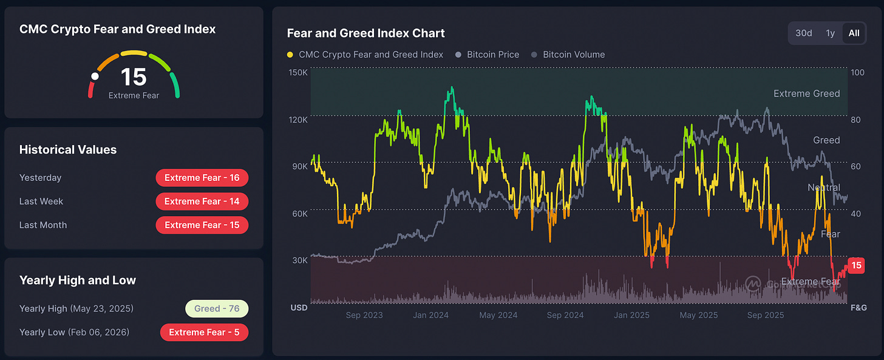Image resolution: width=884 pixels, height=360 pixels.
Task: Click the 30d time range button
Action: pos(803,33)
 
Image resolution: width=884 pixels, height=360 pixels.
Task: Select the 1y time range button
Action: pos(830,33)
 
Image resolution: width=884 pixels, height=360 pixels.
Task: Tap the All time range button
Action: pos(854,33)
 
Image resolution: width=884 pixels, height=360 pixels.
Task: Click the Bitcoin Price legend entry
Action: pos(492,55)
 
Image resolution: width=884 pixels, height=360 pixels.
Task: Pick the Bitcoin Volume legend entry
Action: pos(573,55)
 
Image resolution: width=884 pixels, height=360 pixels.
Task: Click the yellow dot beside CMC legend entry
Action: pos(290,55)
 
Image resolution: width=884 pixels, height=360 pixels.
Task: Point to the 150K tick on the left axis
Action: pos(299,73)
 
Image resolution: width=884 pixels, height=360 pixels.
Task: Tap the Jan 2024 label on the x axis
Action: pos(430,315)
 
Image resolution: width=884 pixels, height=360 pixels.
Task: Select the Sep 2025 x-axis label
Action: pos(766,315)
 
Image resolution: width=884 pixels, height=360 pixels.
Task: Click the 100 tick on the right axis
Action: pos(857,73)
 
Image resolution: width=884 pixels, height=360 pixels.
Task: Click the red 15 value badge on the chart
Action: pos(856,265)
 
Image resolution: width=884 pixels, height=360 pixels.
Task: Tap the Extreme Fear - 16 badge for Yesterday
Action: pos(202,178)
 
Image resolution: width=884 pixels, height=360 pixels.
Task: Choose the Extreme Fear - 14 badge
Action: pos(202,202)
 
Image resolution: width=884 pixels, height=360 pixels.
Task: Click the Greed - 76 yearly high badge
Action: pos(217,308)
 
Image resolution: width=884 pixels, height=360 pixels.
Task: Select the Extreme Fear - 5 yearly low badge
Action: pos(204,332)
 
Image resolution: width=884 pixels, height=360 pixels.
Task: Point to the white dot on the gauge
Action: pos(95,76)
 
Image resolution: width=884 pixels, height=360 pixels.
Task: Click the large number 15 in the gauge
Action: pos(134,77)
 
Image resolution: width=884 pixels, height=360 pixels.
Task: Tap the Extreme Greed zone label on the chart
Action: pos(806,93)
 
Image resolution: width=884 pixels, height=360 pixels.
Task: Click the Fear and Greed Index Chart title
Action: pos(365,33)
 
